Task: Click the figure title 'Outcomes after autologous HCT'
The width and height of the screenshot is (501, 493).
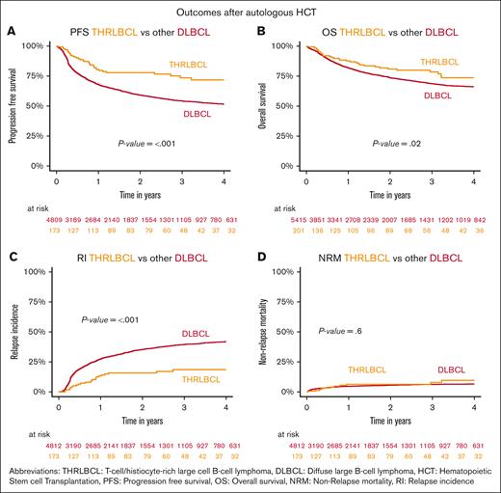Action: [x=250, y=10]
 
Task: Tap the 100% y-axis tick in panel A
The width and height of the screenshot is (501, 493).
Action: [x=35, y=45]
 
